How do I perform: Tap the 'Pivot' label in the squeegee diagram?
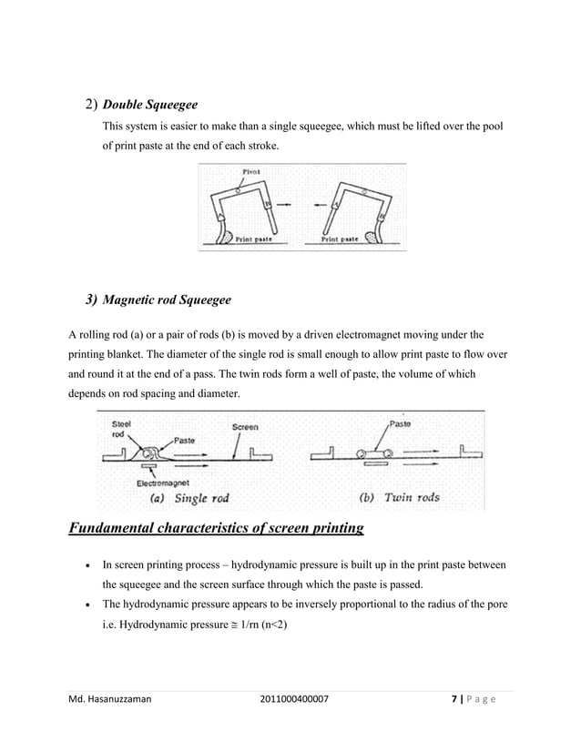tap(251, 170)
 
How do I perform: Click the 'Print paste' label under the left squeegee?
tap(258, 240)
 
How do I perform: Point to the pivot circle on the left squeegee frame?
tap(238, 190)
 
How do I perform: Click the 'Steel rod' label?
tap(120, 429)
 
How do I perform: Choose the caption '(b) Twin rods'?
tap(397, 498)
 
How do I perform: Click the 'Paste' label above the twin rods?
tap(400, 422)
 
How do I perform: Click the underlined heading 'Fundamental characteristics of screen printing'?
tap(217, 529)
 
